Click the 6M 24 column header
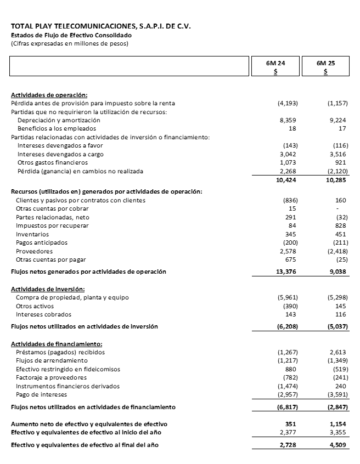[x=275, y=63]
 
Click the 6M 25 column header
[x=326, y=63]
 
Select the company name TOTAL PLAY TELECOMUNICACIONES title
[x=101, y=26]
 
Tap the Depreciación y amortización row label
[x=59, y=120]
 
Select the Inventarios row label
[x=32, y=234]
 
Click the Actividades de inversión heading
[x=48, y=289]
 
